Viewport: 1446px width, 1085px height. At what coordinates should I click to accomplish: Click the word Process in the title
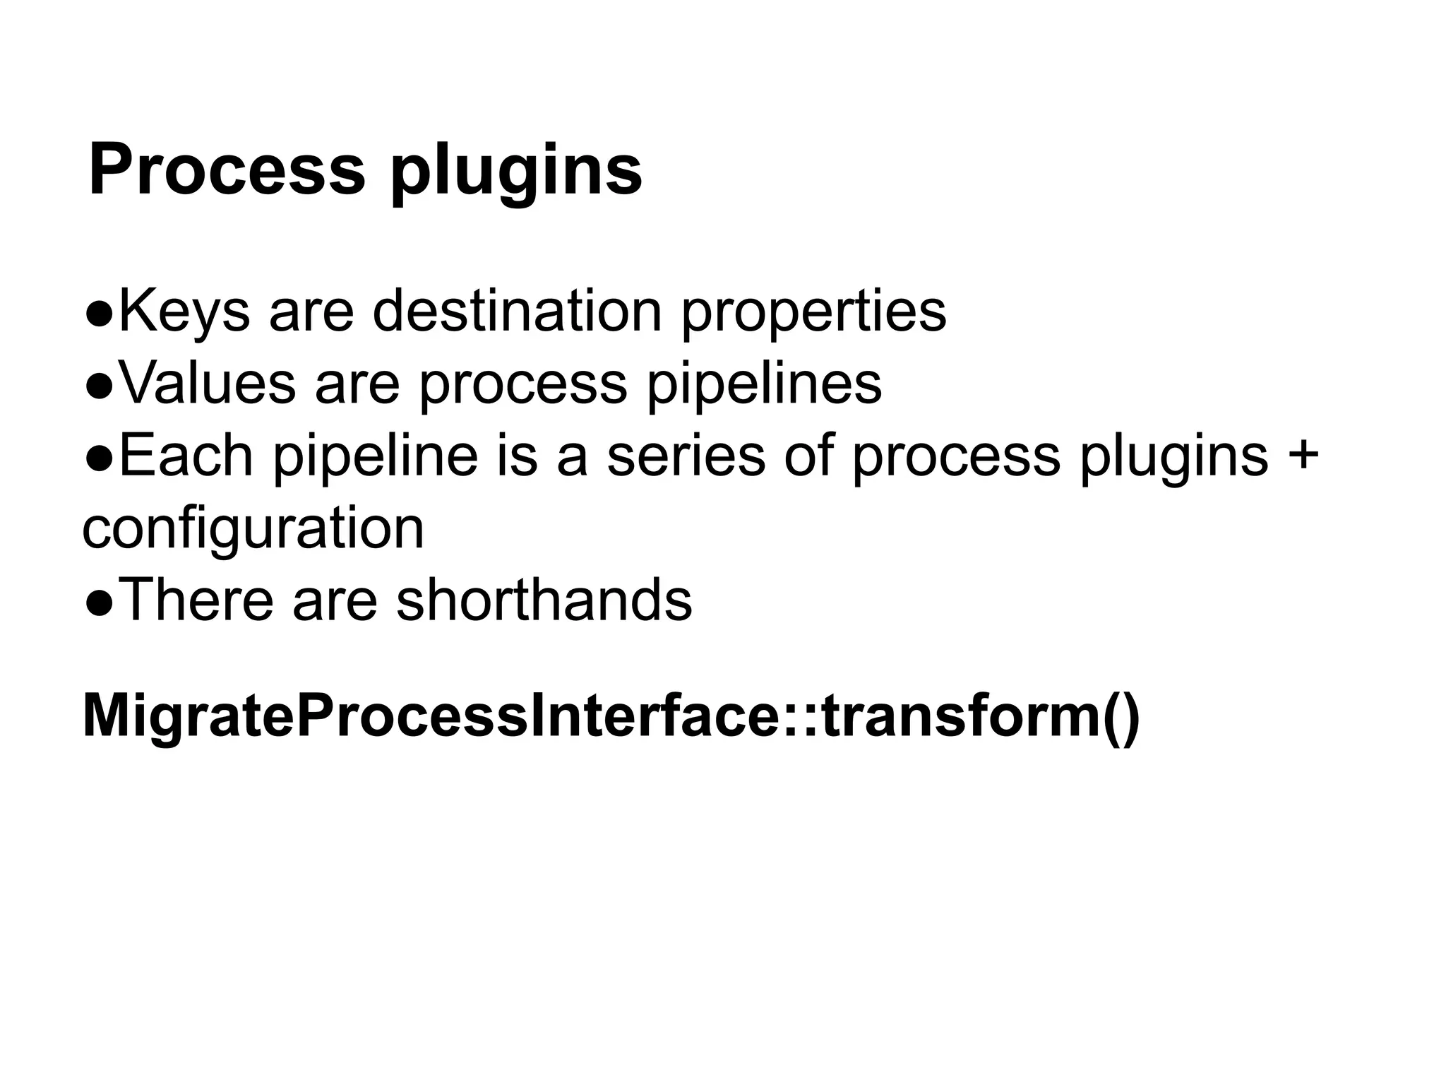227,170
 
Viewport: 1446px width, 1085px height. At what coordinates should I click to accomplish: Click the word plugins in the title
516,174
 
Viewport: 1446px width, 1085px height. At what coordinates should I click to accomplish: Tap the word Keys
184,312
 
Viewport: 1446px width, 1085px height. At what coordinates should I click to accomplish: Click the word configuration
253,530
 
